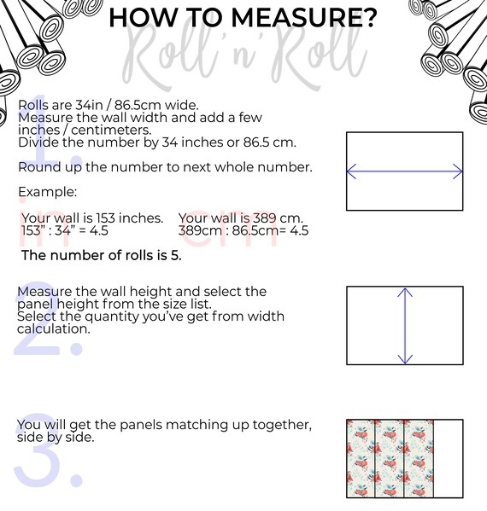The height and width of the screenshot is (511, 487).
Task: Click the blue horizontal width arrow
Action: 404,171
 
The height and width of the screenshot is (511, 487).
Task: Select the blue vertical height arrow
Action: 405,326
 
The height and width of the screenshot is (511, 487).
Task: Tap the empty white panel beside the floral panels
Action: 448,458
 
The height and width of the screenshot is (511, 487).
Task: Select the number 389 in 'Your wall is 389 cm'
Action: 264,218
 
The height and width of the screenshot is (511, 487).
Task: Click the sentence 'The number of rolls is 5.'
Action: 101,255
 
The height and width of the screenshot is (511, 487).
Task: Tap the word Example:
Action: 48,192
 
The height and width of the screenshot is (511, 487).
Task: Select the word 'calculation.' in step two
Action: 54,328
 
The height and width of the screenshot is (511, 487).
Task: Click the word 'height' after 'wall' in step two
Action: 151,292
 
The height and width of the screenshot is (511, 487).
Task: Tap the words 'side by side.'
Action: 56,437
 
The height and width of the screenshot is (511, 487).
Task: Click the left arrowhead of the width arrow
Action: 351,171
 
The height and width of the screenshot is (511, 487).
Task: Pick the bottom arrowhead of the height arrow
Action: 405,359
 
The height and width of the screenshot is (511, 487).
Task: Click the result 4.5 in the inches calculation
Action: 98,230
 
